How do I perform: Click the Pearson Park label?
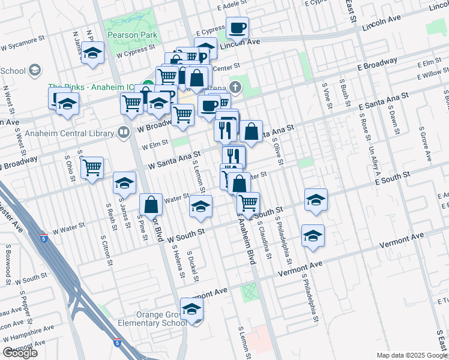pyautogui.click(x=132, y=35)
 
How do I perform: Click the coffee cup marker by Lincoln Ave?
pyautogui.click(x=237, y=28)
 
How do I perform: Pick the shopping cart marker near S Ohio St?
pyautogui.click(x=92, y=167)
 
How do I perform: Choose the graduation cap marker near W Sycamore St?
pyautogui.click(x=93, y=54)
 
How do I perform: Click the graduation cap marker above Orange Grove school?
pyautogui.click(x=192, y=308)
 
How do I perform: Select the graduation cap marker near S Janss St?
pyautogui.click(x=124, y=182)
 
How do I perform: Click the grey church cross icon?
pyautogui.click(x=235, y=88)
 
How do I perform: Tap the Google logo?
pyautogui.click(x=20, y=353)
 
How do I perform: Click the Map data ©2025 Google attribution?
pyautogui.click(x=412, y=355)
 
